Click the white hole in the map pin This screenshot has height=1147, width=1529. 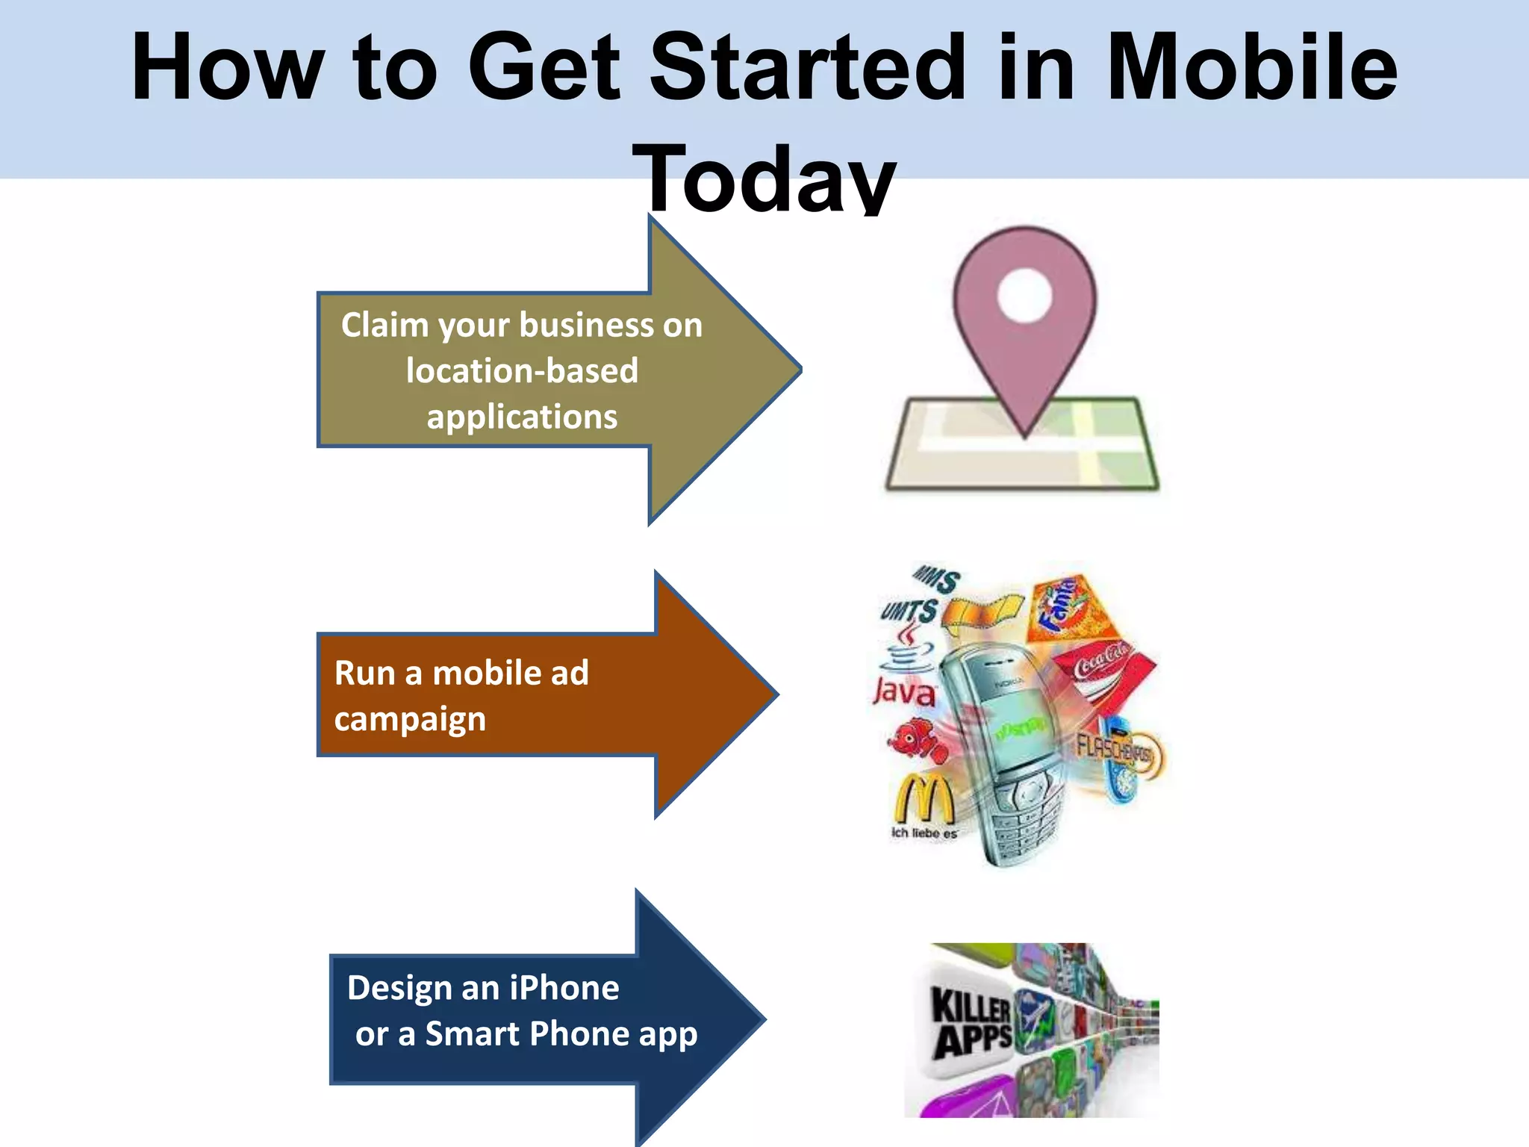pyautogui.click(x=1024, y=296)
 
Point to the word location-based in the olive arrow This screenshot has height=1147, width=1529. pyautogui.click(x=522, y=371)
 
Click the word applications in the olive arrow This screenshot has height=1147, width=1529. pyautogui.click(x=522, y=417)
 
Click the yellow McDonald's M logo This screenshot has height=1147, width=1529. pyautogui.click(x=924, y=799)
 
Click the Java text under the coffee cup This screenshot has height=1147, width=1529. pyautogui.click(x=904, y=692)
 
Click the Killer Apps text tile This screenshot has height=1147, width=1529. pyautogui.click(x=971, y=1023)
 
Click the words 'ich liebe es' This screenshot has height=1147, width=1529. pyautogui.click(x=924, y=833)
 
